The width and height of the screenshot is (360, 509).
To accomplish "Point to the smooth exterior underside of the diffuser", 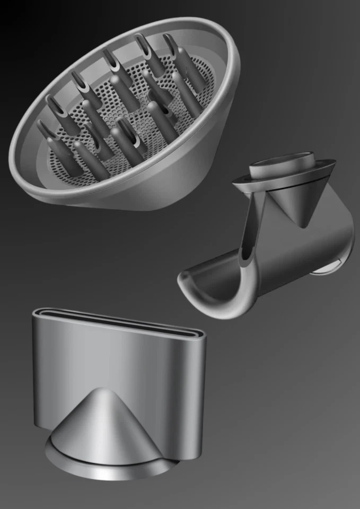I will (x=175, y=175).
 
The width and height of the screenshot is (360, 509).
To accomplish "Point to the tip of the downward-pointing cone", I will (x=303, y=225).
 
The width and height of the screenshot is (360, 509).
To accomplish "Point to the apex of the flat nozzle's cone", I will (x=101, y=390).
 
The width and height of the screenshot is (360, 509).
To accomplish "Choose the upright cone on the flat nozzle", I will (x=101, y=424).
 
